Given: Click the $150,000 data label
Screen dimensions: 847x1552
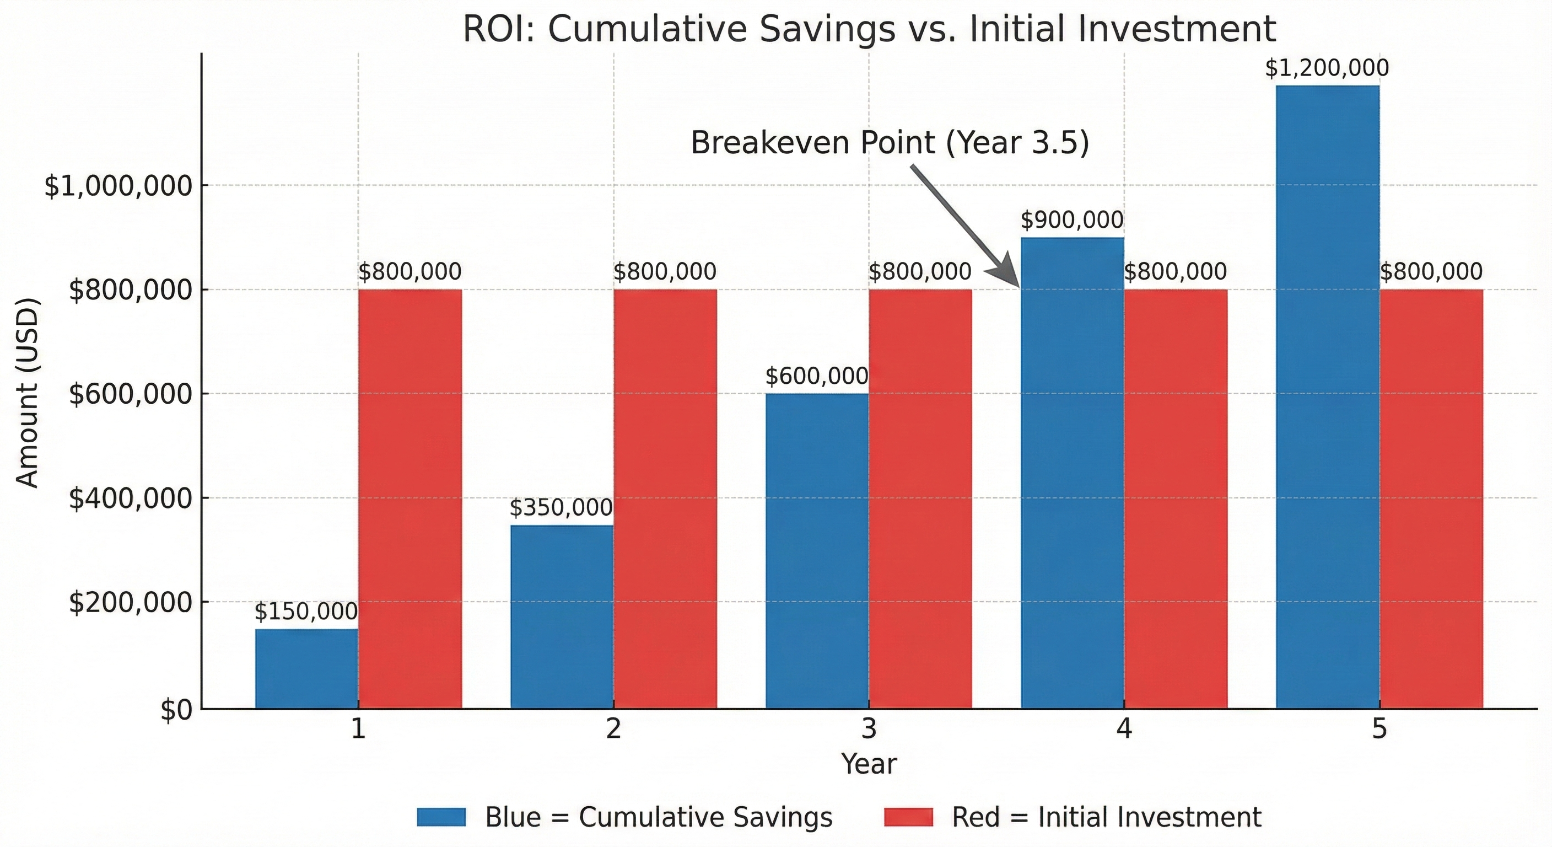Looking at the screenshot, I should (x=306, y=612).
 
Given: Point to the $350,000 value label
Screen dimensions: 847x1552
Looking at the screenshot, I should (x=561, y=508).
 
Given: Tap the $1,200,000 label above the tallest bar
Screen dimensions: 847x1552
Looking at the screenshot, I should (x=1327, y=68).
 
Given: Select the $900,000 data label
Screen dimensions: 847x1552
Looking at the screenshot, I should (x=1072, y=221).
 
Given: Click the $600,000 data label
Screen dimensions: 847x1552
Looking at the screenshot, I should (x=817, y=377).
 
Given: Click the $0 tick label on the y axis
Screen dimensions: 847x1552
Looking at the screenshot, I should (x=176, y=711).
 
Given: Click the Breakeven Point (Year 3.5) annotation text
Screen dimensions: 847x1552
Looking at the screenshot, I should (x=890, y=143).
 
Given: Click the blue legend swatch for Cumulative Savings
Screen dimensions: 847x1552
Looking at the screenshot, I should (x=441, y=817).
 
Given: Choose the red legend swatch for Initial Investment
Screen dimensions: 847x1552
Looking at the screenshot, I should (x=908, y=817).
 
